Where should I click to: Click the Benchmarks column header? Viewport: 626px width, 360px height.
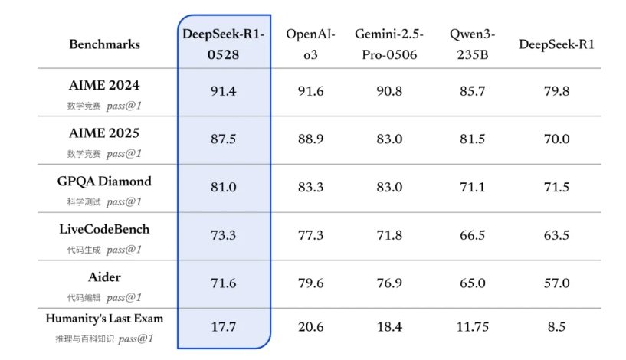[x=104, y=44]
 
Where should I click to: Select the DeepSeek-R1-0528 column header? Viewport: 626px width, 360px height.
[x=224, y=44]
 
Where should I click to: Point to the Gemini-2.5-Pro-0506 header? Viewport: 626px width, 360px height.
[x=389, y=44]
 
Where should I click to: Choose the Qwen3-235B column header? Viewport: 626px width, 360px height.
[x=471, y=44]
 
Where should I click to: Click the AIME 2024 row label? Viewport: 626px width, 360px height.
[x=104, y=85]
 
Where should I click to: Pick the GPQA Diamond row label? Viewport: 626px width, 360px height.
[x=104, y=182]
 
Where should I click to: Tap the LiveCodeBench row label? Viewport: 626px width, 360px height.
[x=104, y=229]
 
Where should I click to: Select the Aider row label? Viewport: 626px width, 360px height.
[x=104, y=277]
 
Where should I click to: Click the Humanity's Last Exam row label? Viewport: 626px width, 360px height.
[x=104, y=319]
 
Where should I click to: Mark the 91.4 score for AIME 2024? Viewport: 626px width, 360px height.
[x=224, y=92]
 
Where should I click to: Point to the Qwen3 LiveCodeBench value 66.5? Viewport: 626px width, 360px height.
[x=471, y=235]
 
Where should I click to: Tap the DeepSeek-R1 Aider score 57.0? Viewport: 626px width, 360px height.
[x=556, y=283]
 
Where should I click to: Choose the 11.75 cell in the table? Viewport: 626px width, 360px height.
[x=471, y=327]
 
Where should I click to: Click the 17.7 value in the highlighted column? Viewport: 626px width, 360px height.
[x=224, y=327]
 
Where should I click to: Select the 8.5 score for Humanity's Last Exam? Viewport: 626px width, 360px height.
[x=556, y=327]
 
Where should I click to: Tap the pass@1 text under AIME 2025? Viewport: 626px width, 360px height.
[x=124, y=154]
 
